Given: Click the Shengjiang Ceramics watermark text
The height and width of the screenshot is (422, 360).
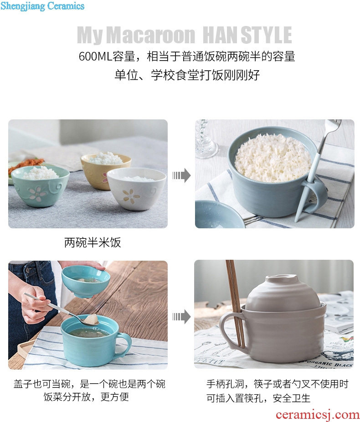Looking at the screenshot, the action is click(42, 6).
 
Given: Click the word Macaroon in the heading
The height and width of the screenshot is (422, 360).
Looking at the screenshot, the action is click(151, 35).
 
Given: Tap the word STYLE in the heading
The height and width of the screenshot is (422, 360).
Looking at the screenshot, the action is click(266, 35).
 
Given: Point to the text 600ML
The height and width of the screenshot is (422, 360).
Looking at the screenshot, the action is click(95, 56).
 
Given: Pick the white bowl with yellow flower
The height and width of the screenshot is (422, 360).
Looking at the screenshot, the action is click(136, 189).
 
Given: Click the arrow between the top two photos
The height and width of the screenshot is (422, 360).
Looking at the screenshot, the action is click(181, 175).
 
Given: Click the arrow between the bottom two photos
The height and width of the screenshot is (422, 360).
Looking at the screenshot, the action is click(181, 316).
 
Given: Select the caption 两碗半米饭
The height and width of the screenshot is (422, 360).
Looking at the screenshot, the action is click(93, 242).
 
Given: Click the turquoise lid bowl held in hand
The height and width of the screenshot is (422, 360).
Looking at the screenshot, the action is click(86, 282).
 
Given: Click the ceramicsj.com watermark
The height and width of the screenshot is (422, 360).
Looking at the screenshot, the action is click(318, 415).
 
